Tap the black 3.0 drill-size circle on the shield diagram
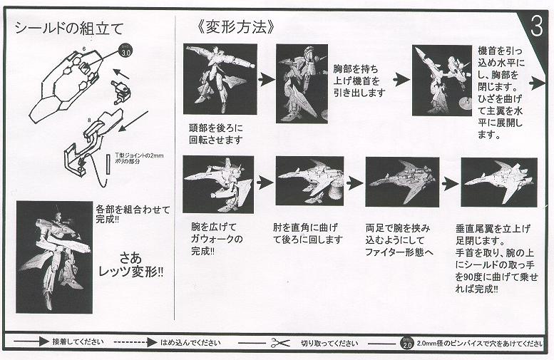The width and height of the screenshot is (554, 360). point(125,51)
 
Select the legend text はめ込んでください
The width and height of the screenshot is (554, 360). point(189,343)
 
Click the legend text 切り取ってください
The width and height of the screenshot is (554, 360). point(329,343)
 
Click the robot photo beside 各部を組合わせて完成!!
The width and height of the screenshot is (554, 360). point(54,256)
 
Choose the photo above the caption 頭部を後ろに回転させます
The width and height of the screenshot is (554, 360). point(220,79)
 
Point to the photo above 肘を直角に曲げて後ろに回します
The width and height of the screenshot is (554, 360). point(309,181)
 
